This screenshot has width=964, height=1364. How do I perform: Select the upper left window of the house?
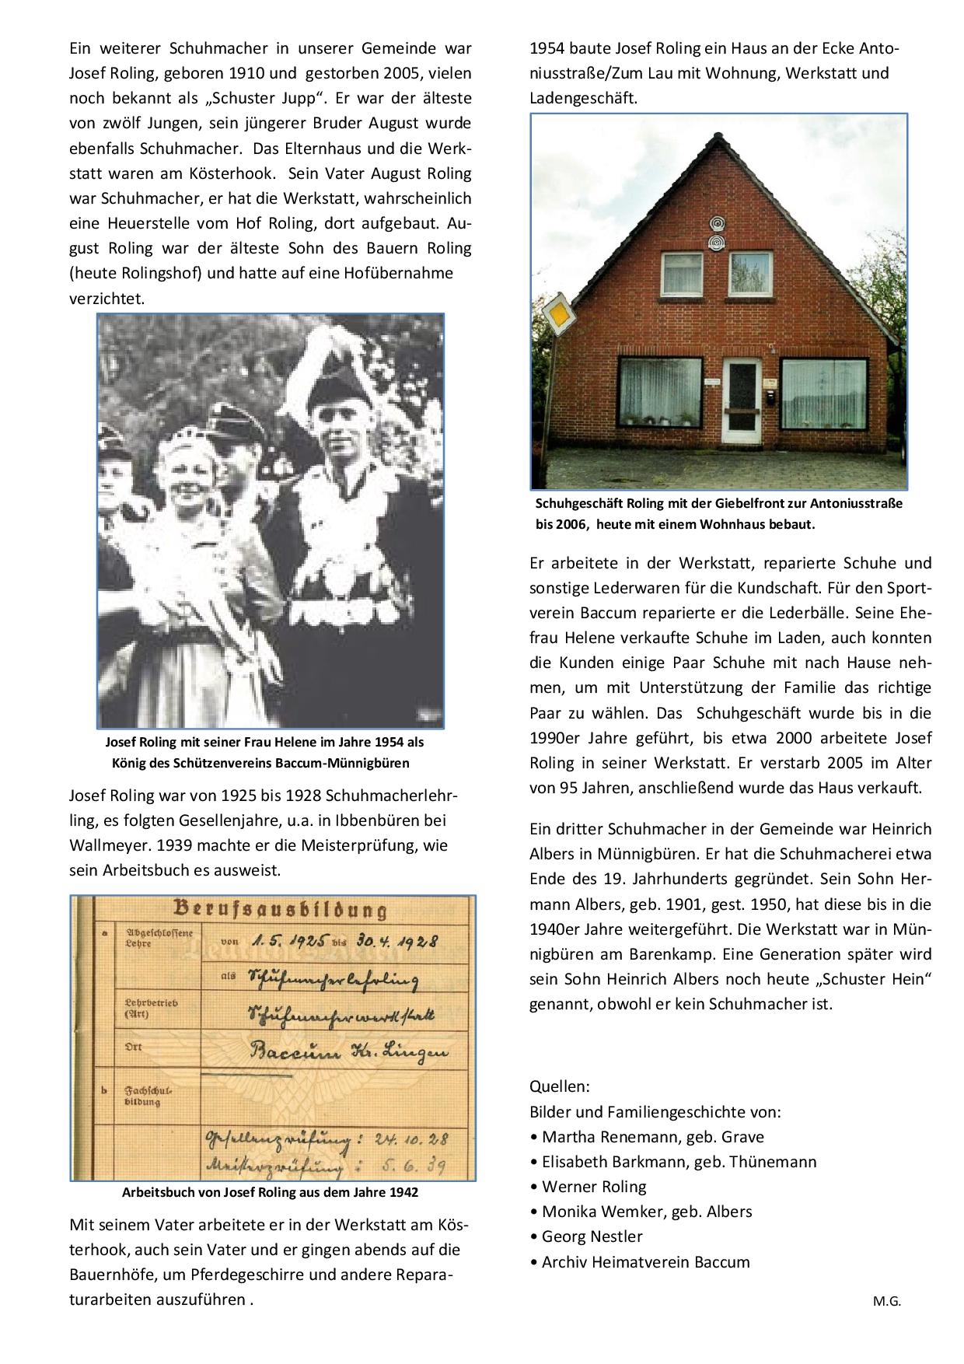[680, 268]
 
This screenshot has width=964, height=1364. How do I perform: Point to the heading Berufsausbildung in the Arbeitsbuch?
[279, 908]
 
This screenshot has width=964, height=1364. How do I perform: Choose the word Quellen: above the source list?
[559, 1086]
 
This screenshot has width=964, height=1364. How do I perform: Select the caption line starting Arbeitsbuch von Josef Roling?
[270, 1192]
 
